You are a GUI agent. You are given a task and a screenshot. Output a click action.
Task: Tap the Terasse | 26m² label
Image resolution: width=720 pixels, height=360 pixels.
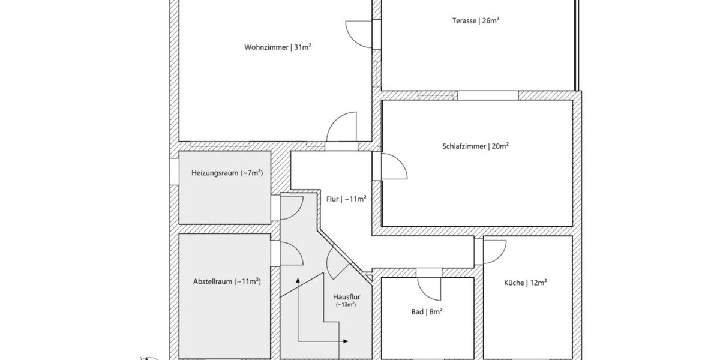point(476,20)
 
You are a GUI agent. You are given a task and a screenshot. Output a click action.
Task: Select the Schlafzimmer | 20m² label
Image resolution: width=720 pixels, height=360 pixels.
point(475,146)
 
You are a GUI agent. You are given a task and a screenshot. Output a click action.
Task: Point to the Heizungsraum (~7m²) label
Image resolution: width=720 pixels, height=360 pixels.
point(227,173)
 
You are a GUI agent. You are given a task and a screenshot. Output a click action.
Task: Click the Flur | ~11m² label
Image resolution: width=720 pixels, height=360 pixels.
point(346,199)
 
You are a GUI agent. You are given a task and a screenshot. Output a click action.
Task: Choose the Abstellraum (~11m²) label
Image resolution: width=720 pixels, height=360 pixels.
point(227,281)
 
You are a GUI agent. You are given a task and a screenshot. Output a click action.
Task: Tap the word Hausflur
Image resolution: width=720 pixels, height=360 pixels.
point(346,296)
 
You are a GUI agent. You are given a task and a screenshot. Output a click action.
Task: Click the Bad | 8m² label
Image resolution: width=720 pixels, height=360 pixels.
point(427,311)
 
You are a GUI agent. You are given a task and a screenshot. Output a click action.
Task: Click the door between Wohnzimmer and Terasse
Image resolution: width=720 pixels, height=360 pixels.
point(359,34)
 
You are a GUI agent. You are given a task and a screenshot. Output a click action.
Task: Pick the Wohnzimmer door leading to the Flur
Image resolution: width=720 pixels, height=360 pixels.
point(341,128)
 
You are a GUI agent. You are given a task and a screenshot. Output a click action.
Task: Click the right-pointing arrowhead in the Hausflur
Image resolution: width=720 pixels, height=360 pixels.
point(346,341)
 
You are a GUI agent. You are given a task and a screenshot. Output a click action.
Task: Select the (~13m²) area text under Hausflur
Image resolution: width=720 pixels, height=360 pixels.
point(346,305)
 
